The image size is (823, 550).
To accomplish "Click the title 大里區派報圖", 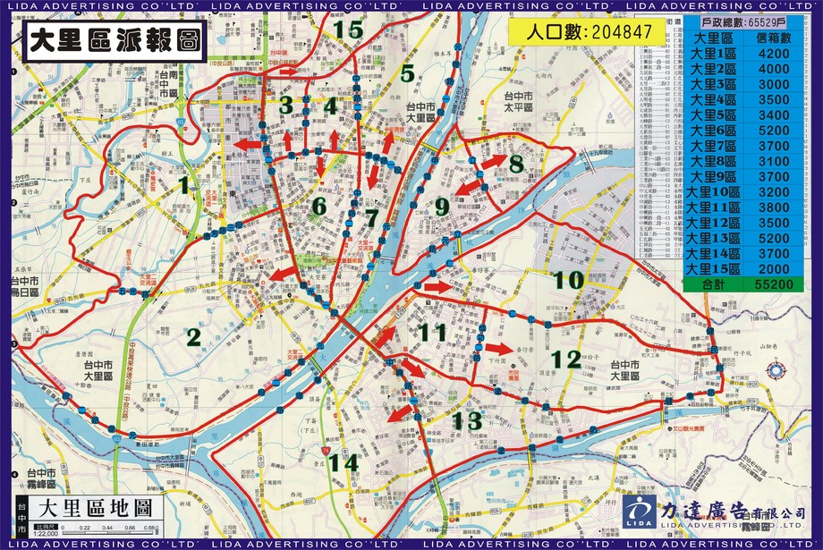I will click(x=113, y=41).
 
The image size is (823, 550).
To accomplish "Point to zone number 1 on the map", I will click(x=183, y=185).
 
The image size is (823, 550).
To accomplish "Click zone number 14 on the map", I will click(x=342, y=463).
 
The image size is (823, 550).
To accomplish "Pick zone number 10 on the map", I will click(x=568, y=280).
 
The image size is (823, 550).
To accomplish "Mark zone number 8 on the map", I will click(x=515, y=165).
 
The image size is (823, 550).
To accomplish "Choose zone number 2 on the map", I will click(x=192, y=336).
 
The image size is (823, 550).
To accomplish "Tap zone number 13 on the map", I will click(x=467, y=420).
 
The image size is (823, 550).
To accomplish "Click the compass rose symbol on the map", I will click(x=776, y=369).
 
